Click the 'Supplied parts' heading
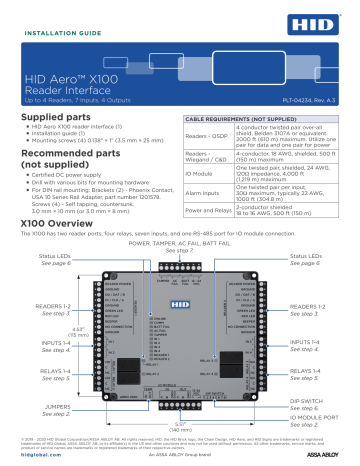(x=54, y=116)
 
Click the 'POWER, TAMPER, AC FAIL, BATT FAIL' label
(x=180, y=243)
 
